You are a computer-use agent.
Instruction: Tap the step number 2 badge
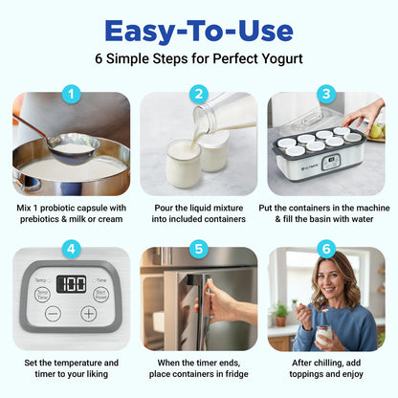199,94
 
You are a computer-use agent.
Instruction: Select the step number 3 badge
325,94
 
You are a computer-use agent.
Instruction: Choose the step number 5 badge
199,249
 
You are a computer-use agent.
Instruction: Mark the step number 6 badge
325,249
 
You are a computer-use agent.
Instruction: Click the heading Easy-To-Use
199,31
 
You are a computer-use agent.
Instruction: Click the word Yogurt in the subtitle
282,59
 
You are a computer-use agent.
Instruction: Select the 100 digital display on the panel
72,284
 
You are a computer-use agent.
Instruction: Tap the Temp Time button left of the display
42,294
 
